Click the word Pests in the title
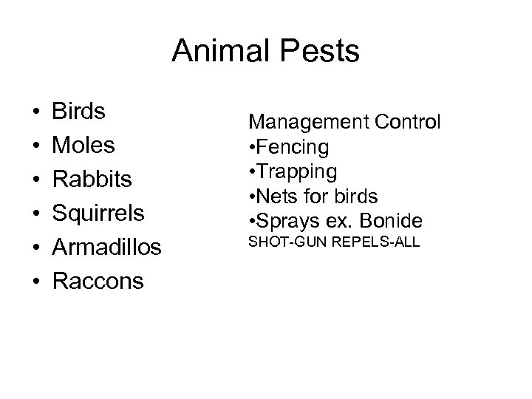[x=322, y=52]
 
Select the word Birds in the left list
[x=78, y=112]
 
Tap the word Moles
[x=83, y=146]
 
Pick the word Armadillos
[x=106, y=248]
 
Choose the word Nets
[x=273, y=197]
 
